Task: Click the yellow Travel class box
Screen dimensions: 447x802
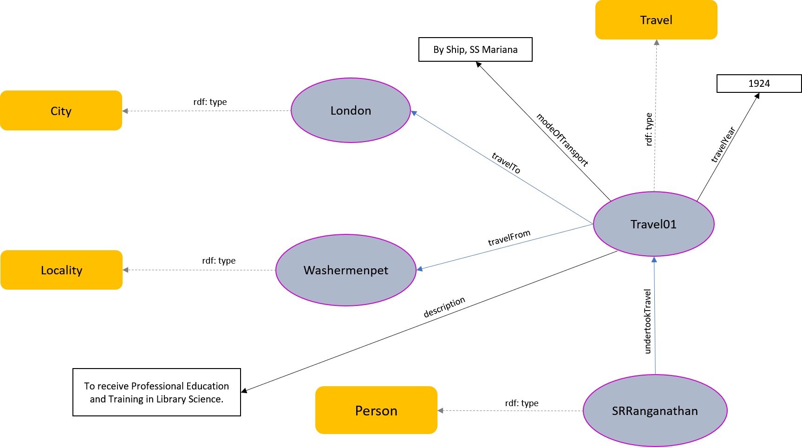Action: click(656, 20)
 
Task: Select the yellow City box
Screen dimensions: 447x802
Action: click(61, 110)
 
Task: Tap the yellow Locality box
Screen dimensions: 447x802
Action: click(61, 270)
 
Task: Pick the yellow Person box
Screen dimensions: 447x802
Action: click(376, 410)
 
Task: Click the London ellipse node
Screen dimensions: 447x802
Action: click(351, 110)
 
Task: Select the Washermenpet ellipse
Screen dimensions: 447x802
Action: click(346, 270)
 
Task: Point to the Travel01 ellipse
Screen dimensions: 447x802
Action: click(653, 224)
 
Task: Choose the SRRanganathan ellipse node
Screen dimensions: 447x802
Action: click(655, 411)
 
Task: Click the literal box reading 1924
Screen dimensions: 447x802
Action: click(759, 84)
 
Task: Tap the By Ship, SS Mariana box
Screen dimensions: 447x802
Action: click(475, 50)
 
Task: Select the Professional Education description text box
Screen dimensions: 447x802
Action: click(156, 392)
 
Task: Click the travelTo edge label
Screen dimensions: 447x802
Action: click(506, 163)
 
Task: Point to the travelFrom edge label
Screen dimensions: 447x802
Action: click(509, 238)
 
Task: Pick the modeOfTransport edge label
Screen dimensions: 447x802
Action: click(562, 139)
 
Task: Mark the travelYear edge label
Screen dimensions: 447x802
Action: click(723, 144)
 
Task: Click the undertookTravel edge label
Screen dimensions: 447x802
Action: click(648, 321)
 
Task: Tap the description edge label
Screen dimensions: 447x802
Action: click(444, 307)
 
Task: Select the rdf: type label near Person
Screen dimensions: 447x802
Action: click(522, 403)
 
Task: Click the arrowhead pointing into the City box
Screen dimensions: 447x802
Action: click(125, 111)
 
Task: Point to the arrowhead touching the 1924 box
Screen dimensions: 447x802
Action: click(756, 96)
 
